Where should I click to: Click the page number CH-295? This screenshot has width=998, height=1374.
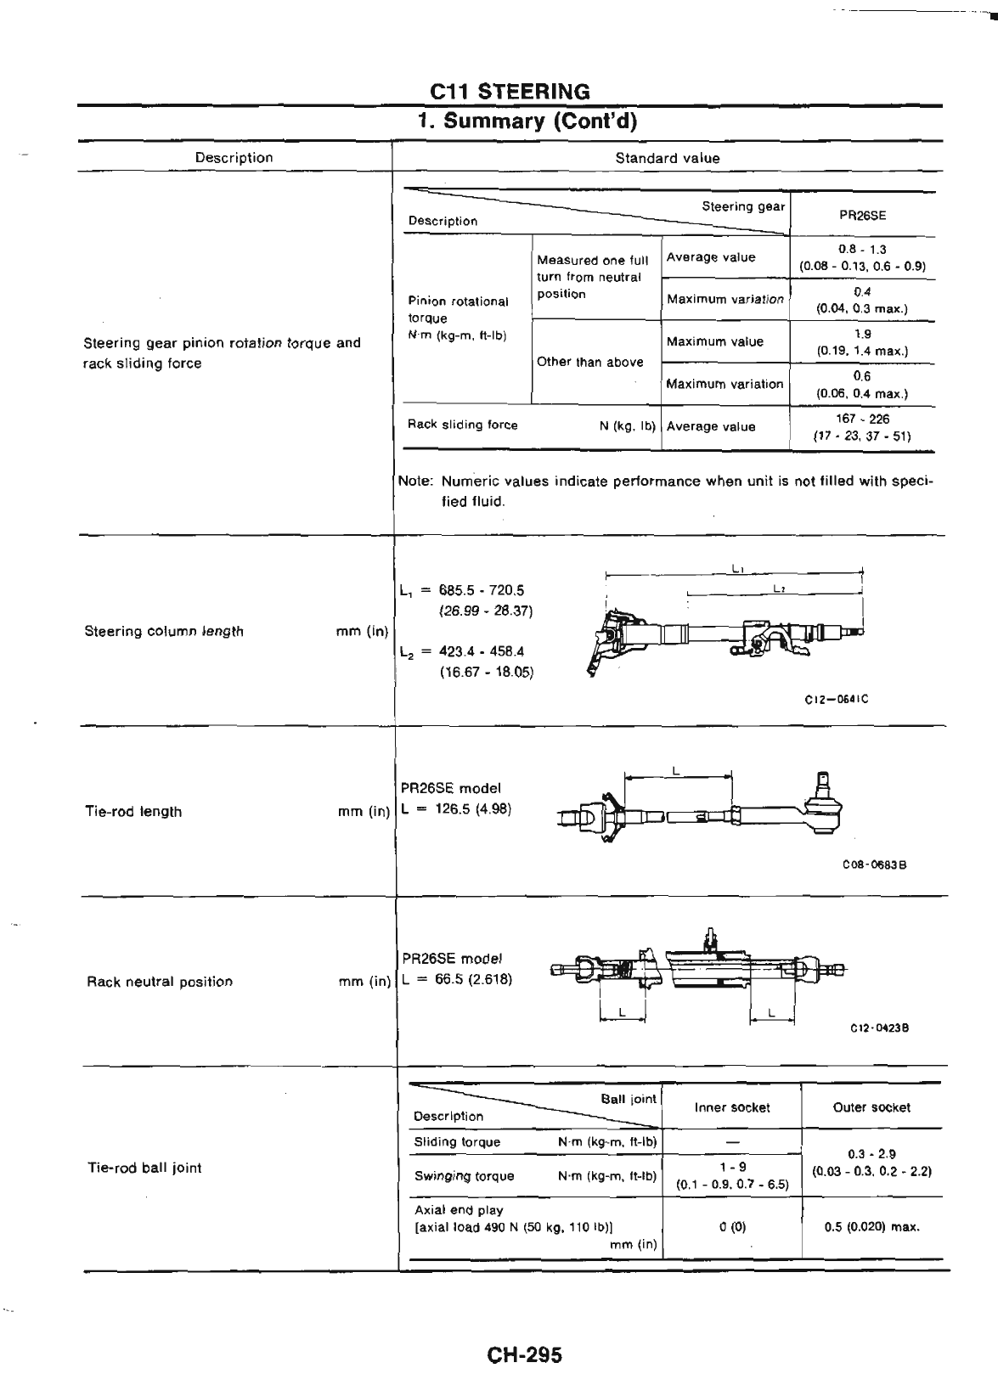524,1354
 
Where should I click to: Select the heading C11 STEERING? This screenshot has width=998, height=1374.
510,91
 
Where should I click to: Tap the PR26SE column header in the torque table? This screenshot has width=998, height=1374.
862,215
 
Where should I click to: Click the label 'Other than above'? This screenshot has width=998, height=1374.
589,362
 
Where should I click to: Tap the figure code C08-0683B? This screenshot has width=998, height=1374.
875,865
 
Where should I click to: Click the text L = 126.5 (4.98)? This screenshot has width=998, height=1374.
456,808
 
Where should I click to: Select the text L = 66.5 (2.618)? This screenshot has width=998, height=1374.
457,978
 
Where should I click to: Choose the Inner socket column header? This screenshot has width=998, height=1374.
731,1107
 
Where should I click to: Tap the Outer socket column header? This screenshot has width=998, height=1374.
872,1107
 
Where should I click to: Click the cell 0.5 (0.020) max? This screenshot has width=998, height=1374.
872,1226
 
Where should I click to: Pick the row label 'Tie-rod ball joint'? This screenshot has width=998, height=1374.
144,1168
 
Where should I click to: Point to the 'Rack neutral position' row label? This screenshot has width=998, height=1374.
160,982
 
